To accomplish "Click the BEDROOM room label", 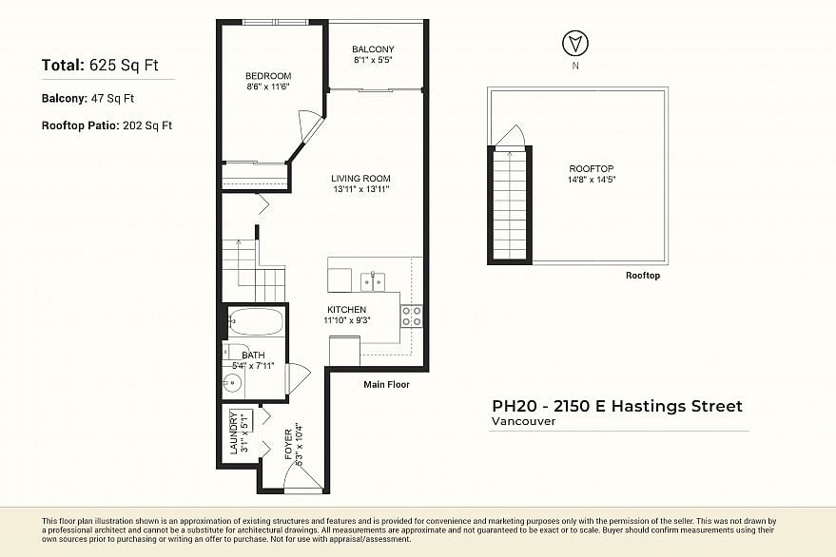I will point(267,76).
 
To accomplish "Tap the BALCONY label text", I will point(373,49).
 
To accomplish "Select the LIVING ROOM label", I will point(360,179).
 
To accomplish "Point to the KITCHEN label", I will point(346,310).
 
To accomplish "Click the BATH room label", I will point(253,355).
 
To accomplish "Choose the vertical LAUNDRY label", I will point(234,432).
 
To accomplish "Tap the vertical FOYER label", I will point(289,445).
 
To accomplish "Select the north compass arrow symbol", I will point(574,43).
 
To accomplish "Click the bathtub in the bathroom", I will point(256,322).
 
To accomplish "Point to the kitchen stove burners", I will point(412,316).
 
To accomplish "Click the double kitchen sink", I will point(373,280).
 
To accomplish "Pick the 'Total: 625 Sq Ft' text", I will point(100,66).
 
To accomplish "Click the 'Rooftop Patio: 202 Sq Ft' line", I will point(107,125).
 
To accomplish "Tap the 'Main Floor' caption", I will point(386,385).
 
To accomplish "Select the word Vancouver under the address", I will point(523,421).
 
